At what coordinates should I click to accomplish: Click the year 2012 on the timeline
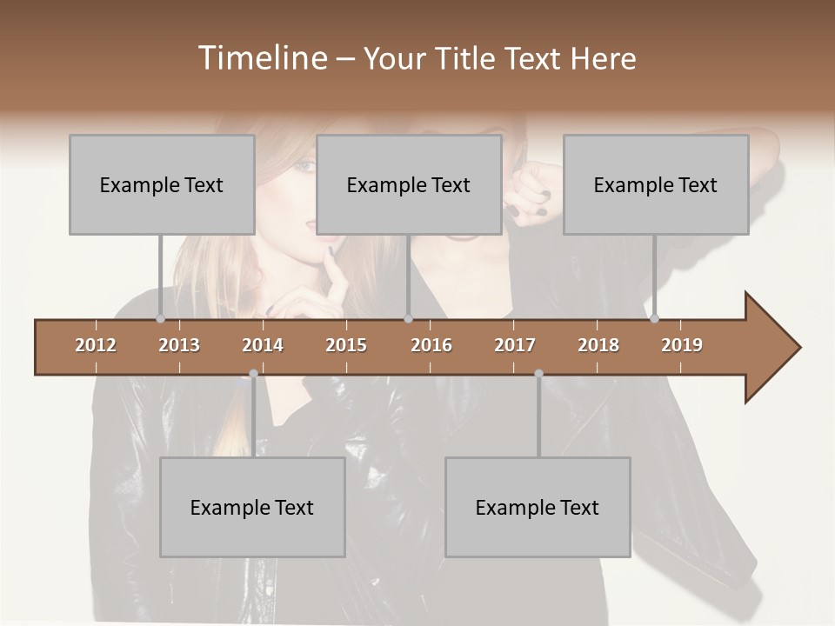(x=96, y=345)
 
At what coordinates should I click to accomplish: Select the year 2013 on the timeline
(x=179, y=345)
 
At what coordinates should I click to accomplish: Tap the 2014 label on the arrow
(x=263, y=345)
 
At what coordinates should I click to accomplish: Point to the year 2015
(x=346, y=345)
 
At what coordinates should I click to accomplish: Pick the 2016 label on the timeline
(x=431, y=345)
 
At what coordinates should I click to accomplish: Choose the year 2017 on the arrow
(x=515, y=345)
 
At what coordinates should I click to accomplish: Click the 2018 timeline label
(x=598, y=345)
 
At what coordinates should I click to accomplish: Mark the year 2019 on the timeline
(x=682, y=345)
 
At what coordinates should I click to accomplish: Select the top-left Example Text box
(x=162, y=184)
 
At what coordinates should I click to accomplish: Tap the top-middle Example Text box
(x=409, y=184)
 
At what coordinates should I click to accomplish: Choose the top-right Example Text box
(x=656, y=184)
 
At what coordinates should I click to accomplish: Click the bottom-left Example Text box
(x=252, y=507)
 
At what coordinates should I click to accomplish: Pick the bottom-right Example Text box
(x=538, y=507)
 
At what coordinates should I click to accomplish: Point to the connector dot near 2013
(x=160, y=319)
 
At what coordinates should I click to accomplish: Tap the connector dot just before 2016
(x=408, y=319)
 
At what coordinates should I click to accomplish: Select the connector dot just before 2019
(x=654, y=319)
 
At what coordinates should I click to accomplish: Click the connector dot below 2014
(x=253, y=374)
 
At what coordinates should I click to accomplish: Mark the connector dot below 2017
(x=538, y=374)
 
